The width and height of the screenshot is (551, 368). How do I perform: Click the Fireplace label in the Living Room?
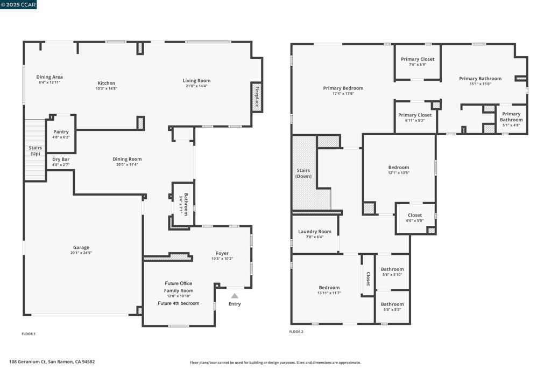tap(257, 97)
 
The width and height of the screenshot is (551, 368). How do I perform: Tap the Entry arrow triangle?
tap(235, 296)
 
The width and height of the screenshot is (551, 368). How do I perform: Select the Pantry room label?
tap(61, 132)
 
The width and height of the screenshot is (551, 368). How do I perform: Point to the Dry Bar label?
tap(61, 159)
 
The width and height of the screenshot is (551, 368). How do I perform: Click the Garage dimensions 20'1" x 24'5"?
tap(81, 253)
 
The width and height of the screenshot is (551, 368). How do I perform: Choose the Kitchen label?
tap(107, 83)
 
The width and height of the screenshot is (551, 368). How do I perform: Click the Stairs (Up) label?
tap(35, 150)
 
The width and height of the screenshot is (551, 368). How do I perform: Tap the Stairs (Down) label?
tap(303, 173)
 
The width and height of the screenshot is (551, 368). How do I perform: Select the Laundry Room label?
tap(315, 232)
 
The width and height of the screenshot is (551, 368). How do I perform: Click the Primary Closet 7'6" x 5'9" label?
tap(418, 59)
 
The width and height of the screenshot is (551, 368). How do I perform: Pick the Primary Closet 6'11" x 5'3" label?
tap(415, 115)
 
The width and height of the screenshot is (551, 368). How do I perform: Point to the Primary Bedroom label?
tap(343, 88)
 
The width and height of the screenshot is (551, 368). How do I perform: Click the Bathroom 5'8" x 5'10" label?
tap(392, 269)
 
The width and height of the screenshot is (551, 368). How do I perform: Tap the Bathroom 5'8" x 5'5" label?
tap(392, 304)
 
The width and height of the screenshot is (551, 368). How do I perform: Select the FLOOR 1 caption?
tap(29, 334)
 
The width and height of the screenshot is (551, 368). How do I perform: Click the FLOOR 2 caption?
tap(296, 332)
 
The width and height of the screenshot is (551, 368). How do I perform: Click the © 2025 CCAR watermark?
tap(19, 5)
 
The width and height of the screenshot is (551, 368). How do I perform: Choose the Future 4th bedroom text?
tap(179, 303)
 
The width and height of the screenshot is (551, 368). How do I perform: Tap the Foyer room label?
tap(222, 253)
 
